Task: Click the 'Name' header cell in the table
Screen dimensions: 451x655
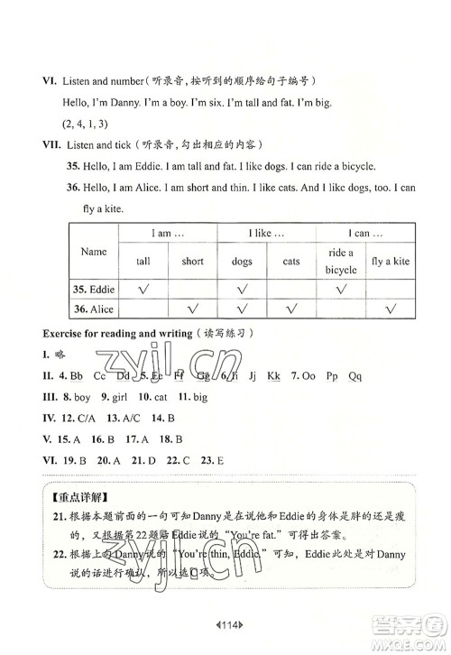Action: (93, 252)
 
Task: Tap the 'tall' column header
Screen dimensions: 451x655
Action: (143, 262)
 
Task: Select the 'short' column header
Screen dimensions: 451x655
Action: (192, 262)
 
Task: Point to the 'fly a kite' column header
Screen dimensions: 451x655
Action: (391, 262)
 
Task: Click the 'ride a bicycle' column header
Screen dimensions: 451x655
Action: (341, 262)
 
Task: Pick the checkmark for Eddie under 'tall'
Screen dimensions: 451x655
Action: (143, 290)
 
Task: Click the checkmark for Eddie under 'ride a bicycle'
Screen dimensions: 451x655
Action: (341, 290)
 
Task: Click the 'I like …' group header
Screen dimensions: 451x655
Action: (266, 234)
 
